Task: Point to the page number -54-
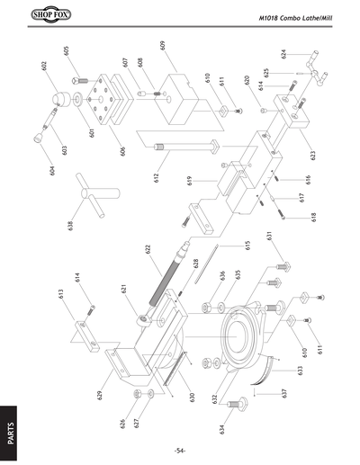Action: [180, 450]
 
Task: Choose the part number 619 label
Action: [190, 181]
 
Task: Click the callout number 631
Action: [267, 236]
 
